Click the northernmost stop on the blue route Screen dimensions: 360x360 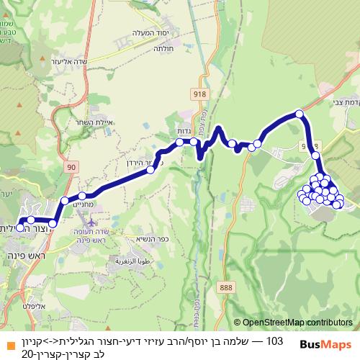300,113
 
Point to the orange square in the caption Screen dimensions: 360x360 6,341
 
